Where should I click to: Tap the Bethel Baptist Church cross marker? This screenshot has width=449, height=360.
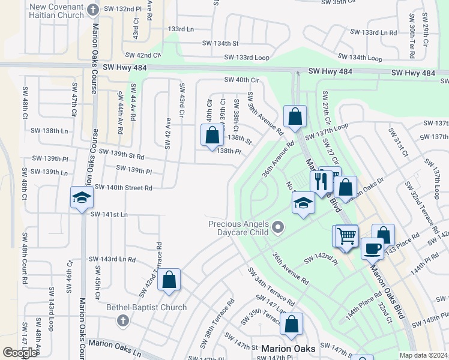(123, 320)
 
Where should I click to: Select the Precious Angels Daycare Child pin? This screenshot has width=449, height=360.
(277, 227)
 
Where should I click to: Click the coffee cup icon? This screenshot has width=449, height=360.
(372, 248)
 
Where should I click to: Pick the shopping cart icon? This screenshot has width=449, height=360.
(346, 236)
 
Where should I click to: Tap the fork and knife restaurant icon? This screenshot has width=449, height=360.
(321, 182)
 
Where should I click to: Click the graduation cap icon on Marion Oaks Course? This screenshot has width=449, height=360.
(82, 199)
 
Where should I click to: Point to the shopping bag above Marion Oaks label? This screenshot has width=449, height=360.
(291, 324)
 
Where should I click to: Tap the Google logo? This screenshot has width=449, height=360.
(20, 353)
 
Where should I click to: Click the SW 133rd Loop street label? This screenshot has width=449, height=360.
(246, 58)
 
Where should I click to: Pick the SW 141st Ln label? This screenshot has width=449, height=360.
(109, 214)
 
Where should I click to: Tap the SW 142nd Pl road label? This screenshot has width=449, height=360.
(321, 259)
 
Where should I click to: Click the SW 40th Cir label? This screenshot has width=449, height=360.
(241, 80)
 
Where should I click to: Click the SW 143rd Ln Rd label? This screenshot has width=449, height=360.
(112, 259)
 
